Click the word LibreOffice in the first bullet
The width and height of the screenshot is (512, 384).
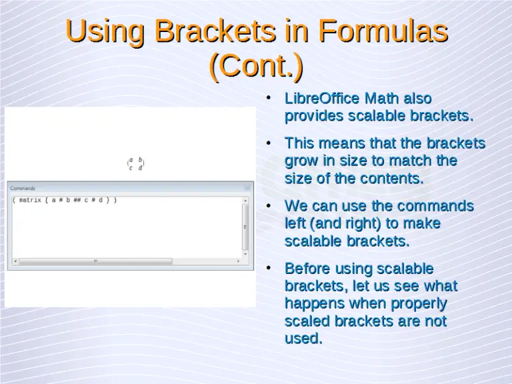321,99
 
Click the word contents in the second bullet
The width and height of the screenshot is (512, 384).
391,179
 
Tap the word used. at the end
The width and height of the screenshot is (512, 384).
303,338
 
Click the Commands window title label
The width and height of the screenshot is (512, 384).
23,189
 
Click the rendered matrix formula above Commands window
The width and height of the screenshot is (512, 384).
136,164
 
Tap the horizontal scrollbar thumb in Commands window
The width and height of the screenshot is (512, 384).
95,261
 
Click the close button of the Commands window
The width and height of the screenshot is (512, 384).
247,189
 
